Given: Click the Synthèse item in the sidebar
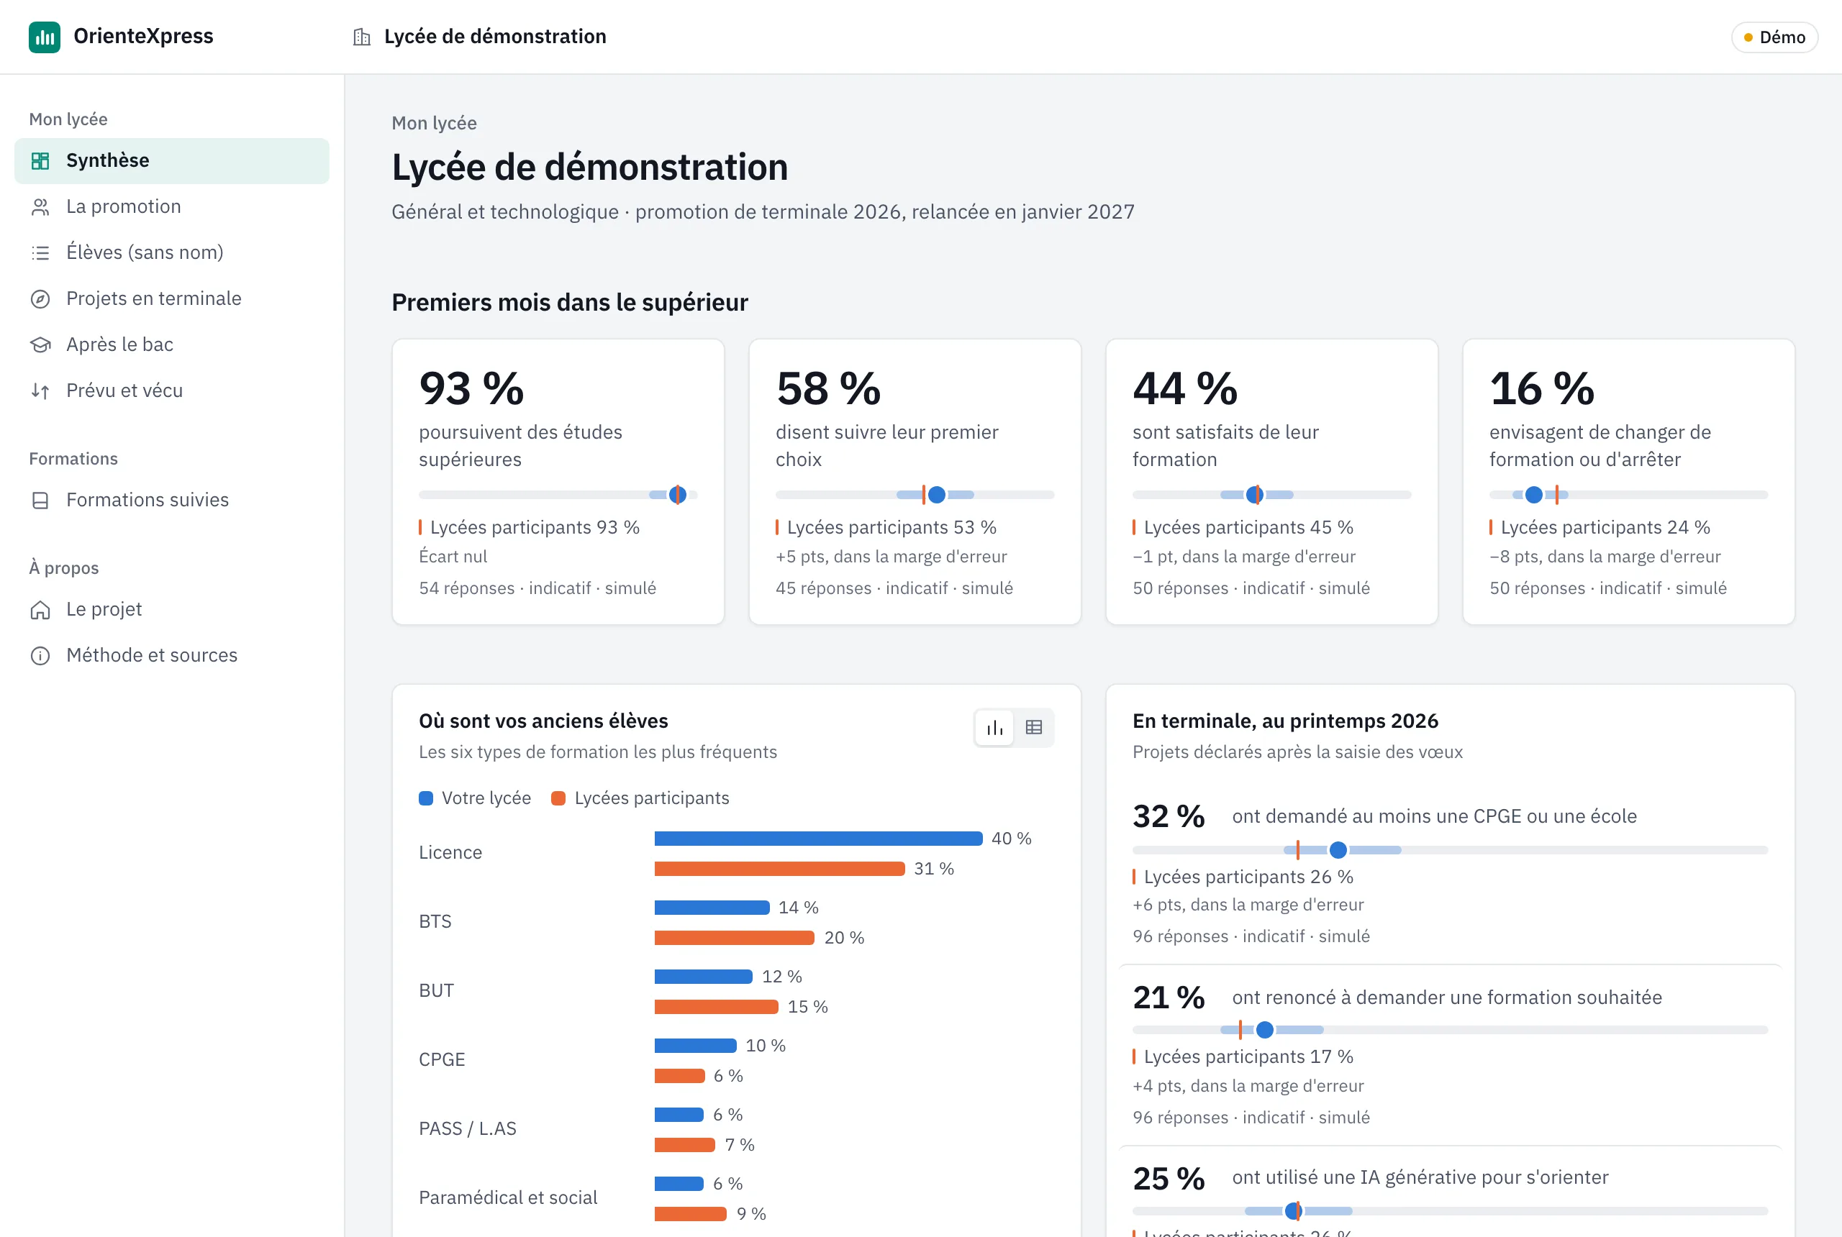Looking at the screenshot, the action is (171, 161).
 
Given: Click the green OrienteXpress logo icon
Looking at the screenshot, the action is (44, 37).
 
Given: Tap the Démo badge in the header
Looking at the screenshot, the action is (1774, 37).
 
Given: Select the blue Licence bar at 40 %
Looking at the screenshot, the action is (818, 839).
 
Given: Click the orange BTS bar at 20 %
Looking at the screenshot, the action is (734, 938).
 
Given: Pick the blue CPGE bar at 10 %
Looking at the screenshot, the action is (695, 1046).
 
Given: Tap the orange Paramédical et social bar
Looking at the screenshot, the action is (691, 1214).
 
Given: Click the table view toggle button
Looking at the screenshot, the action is (1034, 727).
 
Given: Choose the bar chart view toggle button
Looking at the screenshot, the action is (995, 727).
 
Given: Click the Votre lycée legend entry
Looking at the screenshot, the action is (475, 798).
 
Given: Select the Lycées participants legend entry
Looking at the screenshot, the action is (640, 798).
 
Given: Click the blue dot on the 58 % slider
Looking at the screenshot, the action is (937, 495).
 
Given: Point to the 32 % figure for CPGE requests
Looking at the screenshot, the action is (1169, 816).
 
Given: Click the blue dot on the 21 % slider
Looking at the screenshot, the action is (1265, 1031).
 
